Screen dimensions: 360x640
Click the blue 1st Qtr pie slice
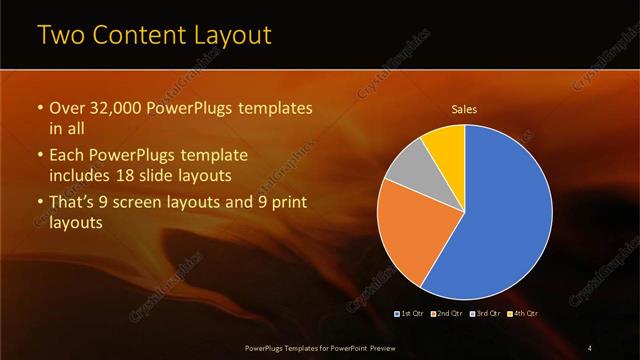(500, 220)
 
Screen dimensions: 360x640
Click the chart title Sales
(464, 109)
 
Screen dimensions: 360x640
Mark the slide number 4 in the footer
(590, 346)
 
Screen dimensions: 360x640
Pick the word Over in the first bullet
(67, 108)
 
